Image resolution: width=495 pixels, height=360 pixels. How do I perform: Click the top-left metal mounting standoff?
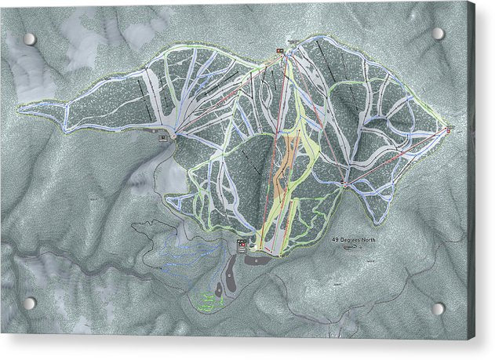(x=29, y=38)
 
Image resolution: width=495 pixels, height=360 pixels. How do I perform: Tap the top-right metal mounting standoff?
(x=438, y=34)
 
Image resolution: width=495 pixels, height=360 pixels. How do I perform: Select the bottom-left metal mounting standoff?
(x=29, y=303)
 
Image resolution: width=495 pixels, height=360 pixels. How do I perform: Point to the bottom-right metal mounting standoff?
(x=439, y=308)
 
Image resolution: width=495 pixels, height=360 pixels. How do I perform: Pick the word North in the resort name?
(x=367, y=238)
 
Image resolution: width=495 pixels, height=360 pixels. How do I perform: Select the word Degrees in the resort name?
(x=348, y=238)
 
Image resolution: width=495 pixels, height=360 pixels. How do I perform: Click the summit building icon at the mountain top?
(x=278, y=53)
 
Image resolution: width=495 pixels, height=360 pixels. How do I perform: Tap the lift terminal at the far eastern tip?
(x=449, y=128)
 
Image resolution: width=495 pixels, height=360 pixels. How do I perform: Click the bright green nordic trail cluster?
(x=206, y=300)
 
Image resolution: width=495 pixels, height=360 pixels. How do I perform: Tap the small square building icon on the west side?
(x=162, y=137)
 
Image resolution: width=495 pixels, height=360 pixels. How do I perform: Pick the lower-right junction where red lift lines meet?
(x=344, y=184)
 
